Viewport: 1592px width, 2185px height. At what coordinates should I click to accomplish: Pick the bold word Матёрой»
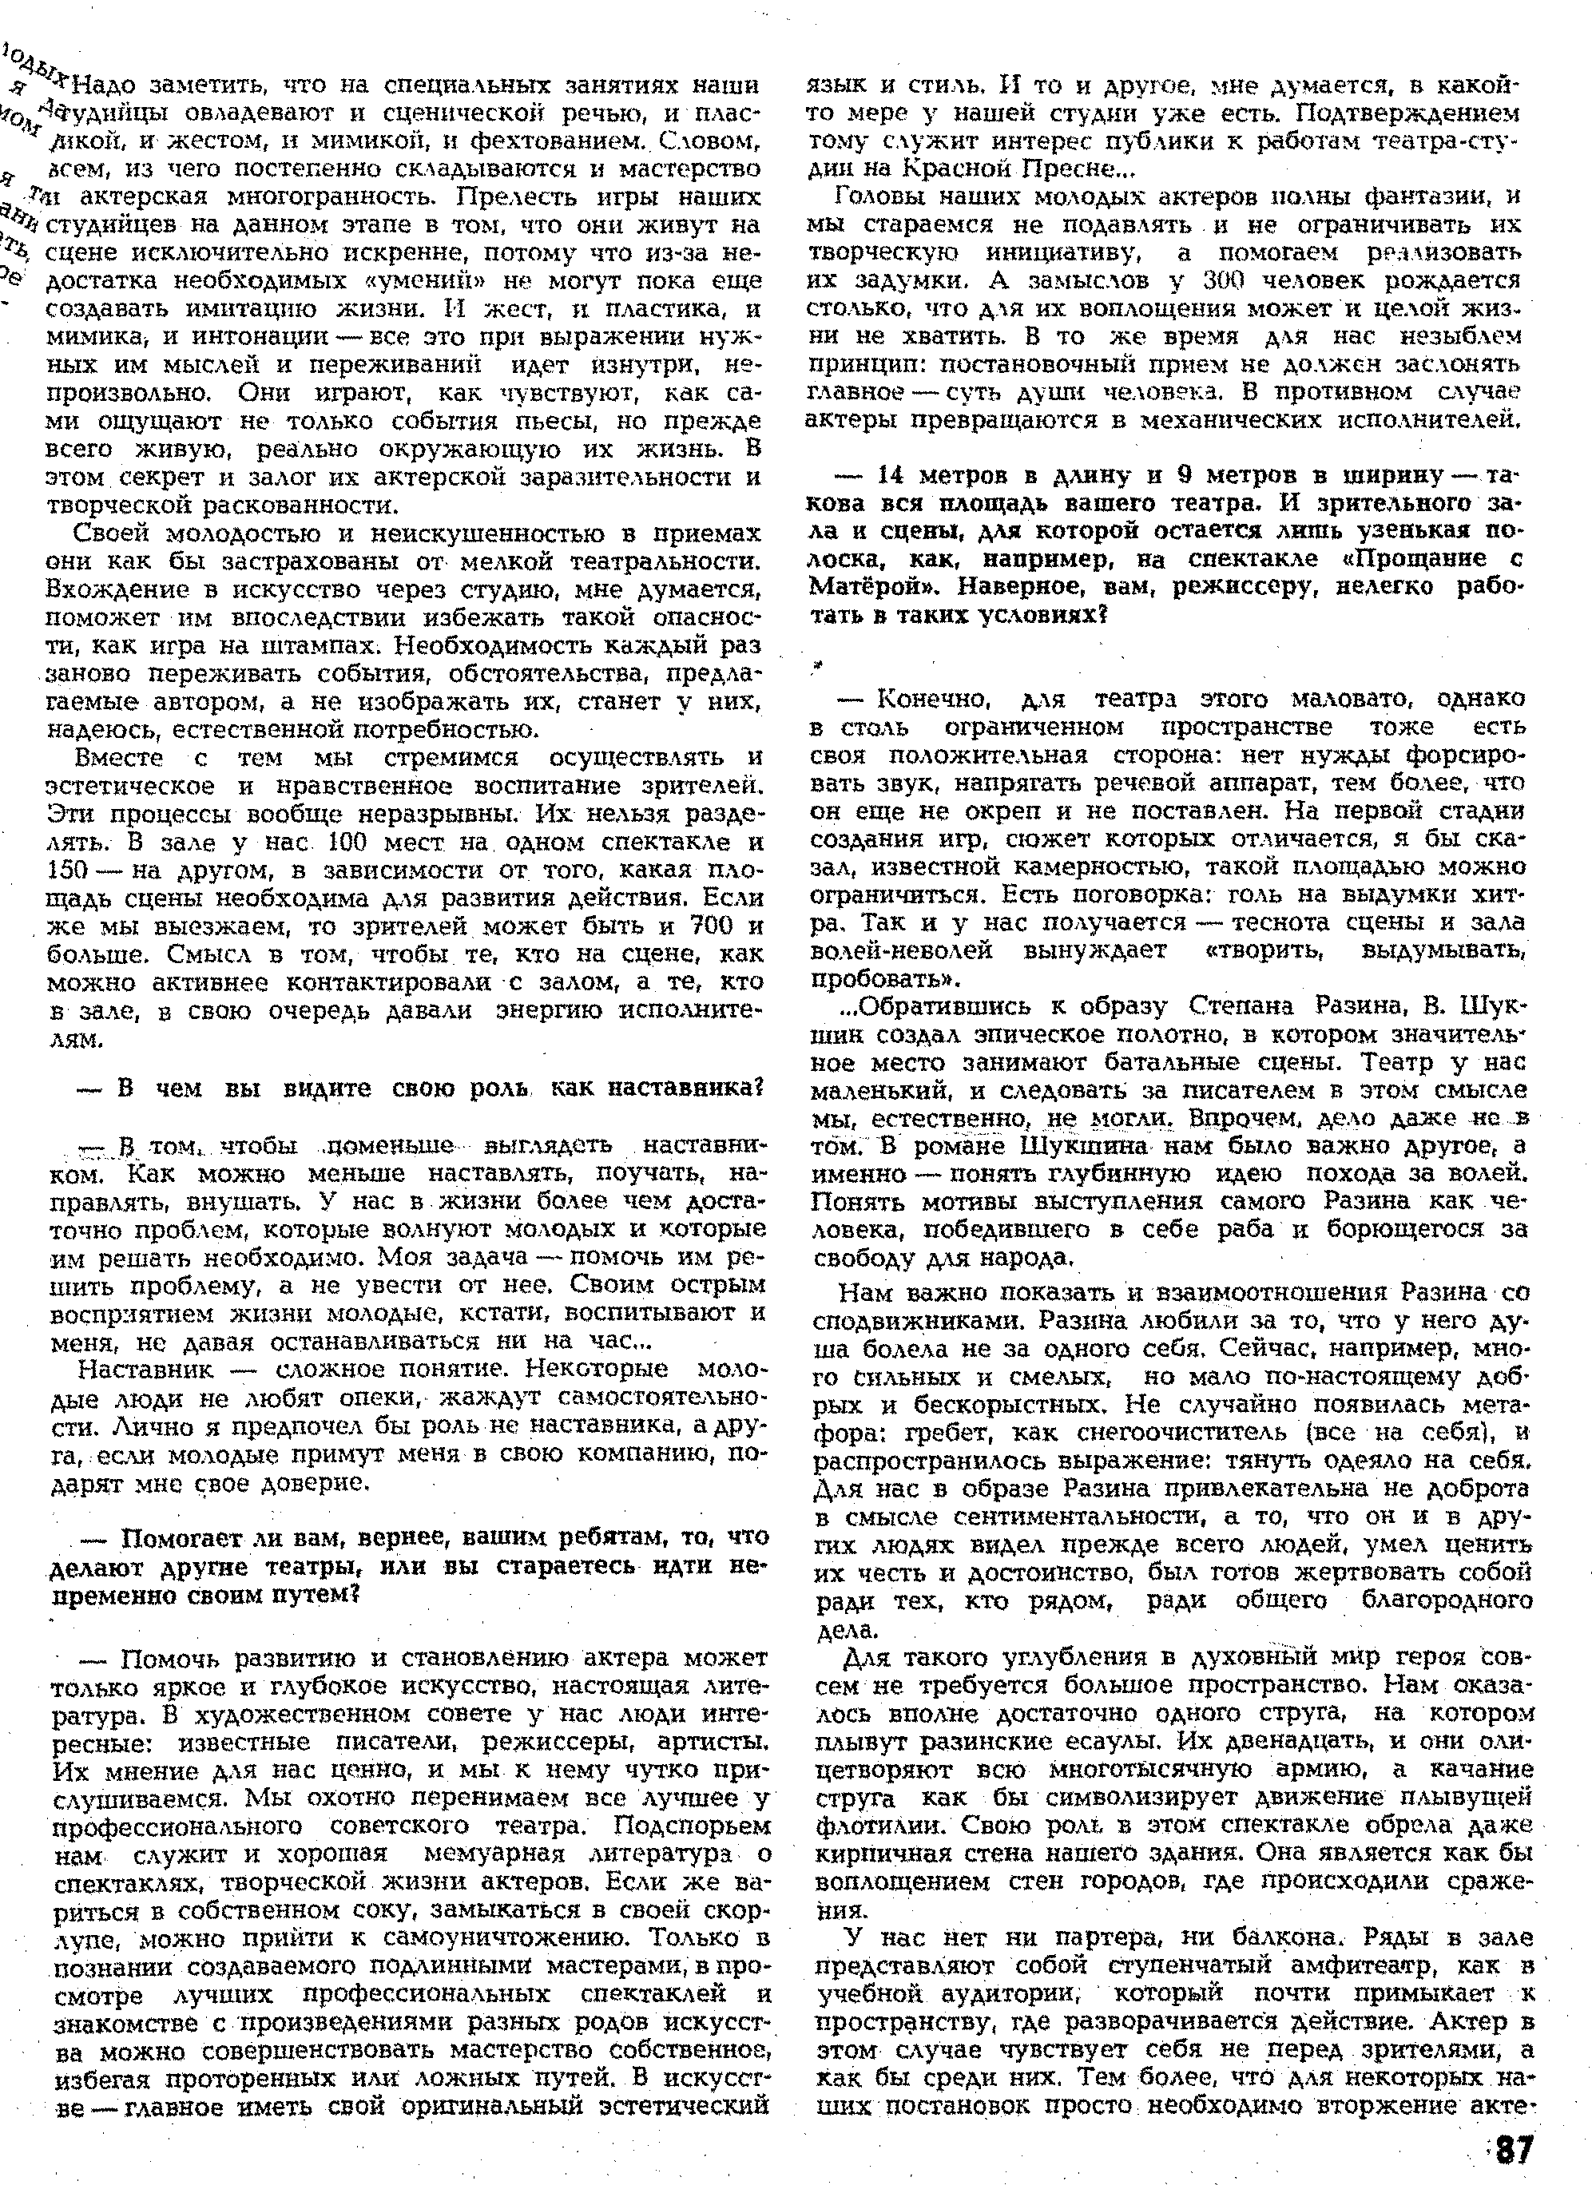(x=857, y=588)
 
